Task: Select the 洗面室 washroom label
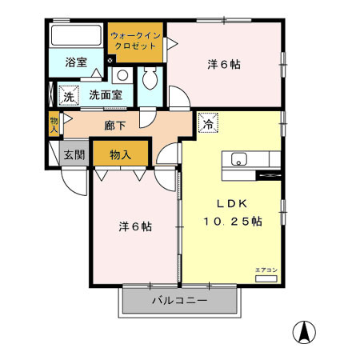[105, 94]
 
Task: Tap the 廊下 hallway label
[115, 125]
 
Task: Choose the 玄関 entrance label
[74, 154]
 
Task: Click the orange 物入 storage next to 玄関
[121, 154]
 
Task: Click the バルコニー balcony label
[179, 302]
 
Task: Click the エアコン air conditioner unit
[266, 278]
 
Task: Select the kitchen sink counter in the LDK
[251, 158]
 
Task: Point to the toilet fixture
[150, 81]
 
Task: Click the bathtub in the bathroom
[76, 37]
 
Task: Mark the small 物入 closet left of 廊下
[54, 123]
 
